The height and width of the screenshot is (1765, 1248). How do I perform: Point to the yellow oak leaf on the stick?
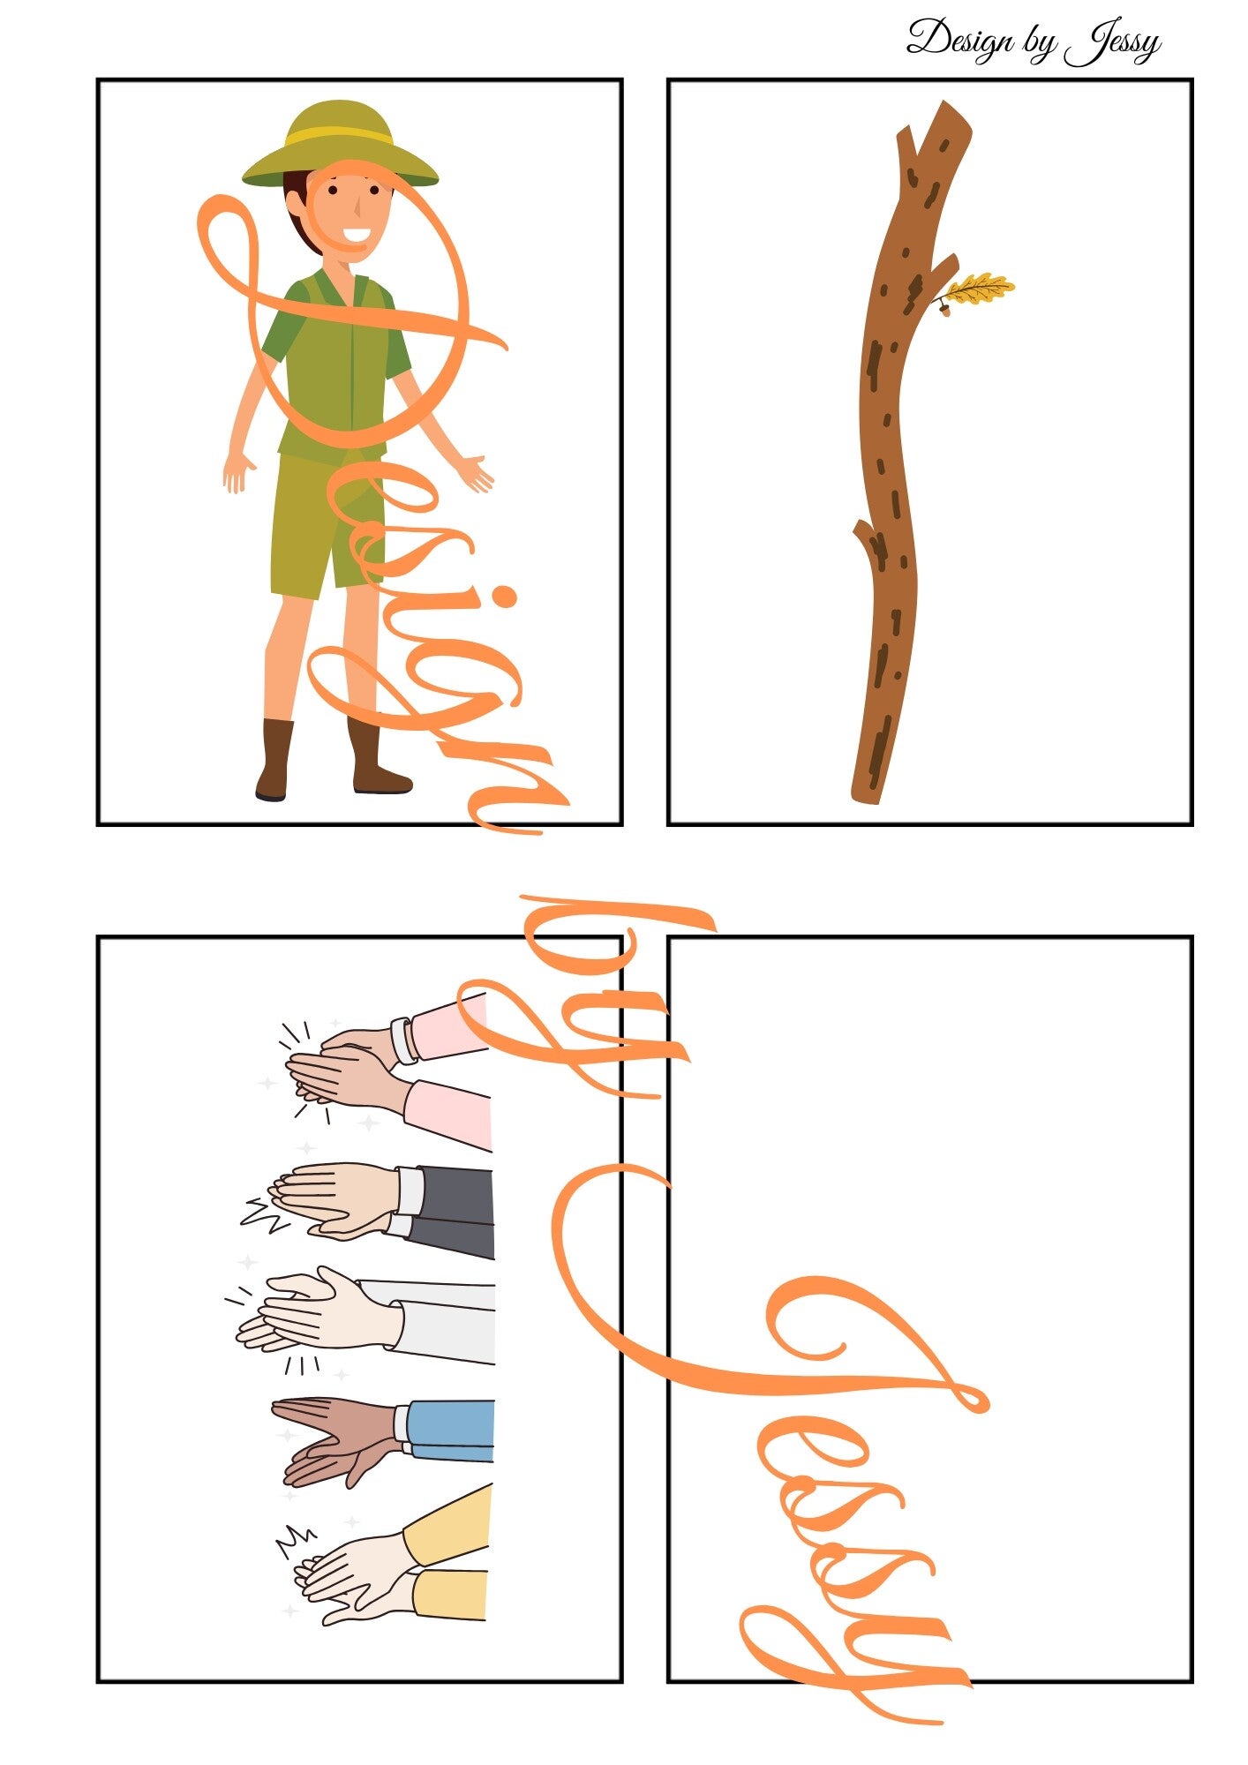tap(980, 288)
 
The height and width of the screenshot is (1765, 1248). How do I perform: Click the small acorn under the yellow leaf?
tap(944, 308)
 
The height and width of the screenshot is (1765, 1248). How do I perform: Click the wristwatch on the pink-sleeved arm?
tap(404, 1040)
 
